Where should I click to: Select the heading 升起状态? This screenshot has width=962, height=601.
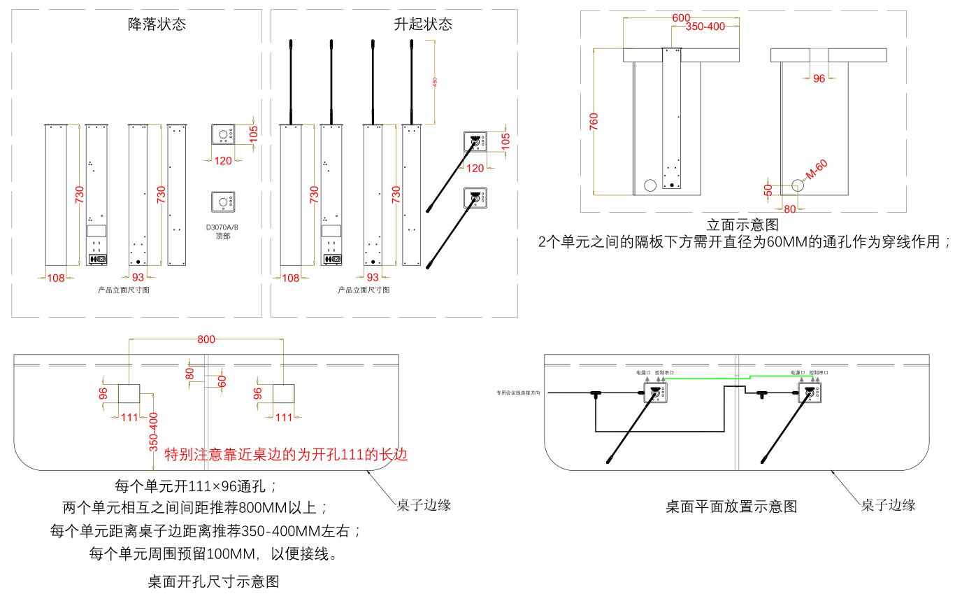[423, 24]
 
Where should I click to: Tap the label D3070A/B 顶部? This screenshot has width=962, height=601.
[223, 232]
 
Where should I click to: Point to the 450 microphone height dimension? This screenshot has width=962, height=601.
[435, 82]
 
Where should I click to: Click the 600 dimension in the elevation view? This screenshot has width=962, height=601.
[681, 17]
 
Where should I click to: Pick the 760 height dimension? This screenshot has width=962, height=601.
[594, 120]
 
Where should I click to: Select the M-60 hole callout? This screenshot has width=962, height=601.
[816, 170]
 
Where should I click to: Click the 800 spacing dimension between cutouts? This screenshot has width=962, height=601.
[206, 339]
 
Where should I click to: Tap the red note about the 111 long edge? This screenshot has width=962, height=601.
[285, 455]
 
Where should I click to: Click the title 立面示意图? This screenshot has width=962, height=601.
[742, 225]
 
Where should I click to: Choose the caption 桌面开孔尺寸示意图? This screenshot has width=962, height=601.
[214, 581]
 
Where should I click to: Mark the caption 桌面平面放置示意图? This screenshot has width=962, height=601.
[731, 507]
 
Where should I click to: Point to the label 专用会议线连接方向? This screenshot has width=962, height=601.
[521, 393]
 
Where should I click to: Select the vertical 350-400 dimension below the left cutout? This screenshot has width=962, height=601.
[154, 431]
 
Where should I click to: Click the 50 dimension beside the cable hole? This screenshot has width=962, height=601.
[768, 190]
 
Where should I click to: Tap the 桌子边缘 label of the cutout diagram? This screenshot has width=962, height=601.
[419, 504]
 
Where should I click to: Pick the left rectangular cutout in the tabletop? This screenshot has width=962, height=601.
[129, 394]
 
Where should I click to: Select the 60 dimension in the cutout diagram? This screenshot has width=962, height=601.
[222, 381]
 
